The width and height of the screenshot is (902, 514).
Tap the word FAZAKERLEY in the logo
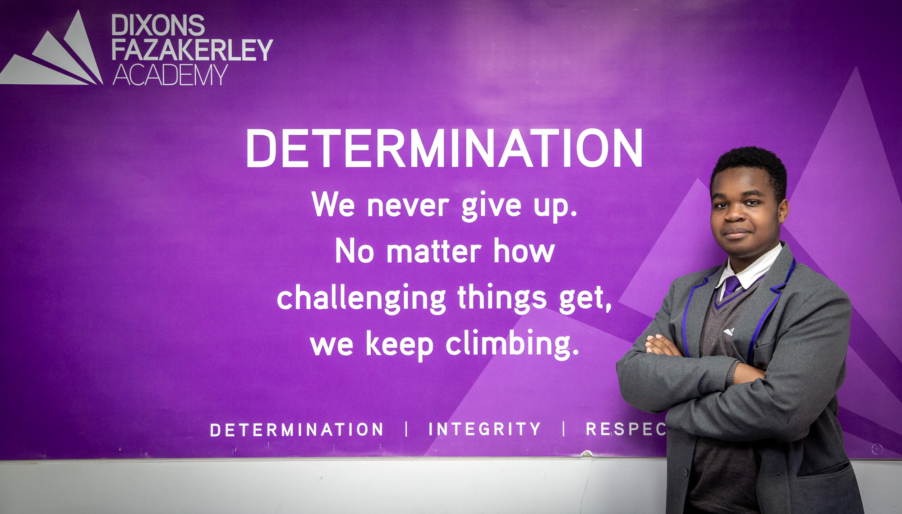[x=192, y=50]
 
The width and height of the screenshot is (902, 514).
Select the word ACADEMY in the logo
[x=170, y=75]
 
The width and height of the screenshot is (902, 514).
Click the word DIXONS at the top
[x=158, y=25]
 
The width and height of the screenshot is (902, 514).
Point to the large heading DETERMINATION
[x=444, y=148]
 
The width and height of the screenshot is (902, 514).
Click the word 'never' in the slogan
[x=408, y=206]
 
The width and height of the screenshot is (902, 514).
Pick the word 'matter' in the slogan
[x=434, y=252]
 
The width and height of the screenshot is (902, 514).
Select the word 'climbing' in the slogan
[x=512, y=344]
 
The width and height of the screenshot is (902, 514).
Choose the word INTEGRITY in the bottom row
[x=485, y=429]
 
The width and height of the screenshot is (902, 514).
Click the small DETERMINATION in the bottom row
[x=297, y=430]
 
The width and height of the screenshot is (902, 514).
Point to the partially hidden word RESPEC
[x=626, y=429]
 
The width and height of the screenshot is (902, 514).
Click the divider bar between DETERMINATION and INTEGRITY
[x=407, y=429]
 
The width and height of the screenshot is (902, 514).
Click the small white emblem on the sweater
[x=728, y=332]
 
